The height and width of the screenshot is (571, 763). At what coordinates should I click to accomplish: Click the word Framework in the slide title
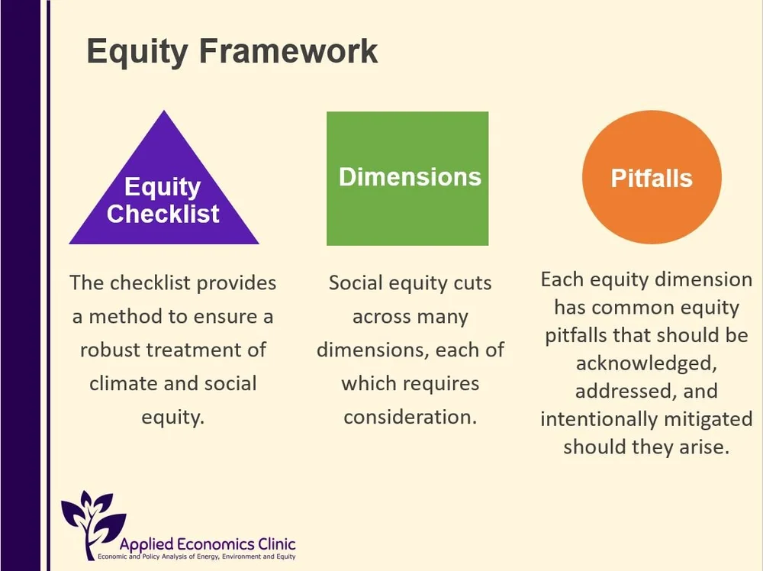(x=289, y=52)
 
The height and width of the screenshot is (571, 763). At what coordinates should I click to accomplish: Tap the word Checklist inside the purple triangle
(x=163, y=215)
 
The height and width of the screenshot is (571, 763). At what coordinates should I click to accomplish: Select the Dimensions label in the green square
(x=410, y=177)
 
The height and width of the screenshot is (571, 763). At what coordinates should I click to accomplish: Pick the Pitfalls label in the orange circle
(x=651, y=179)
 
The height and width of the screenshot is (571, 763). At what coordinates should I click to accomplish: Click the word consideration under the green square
(x=410, y=418)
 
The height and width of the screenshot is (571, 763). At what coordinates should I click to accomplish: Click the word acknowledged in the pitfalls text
(x=646, y=363)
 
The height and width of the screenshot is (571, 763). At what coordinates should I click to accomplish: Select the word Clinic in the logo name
(x=275, y=545)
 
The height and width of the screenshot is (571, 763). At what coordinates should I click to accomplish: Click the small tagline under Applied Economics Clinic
(x=197, y=558)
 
